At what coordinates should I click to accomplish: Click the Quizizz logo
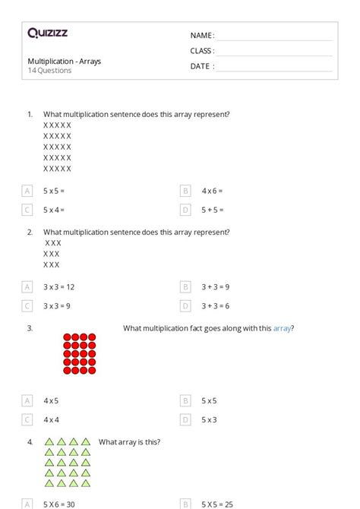pyautogui.click(x=47, y=33)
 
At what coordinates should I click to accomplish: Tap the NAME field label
pyautogui.click(x=201, y=36)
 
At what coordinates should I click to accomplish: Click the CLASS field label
pyautogui.click(x=201, y=51)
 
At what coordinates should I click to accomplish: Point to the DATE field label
pyautogui.click(x=201, y=66)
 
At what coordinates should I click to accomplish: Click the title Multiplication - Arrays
pyautogui.click(x=64, y=61)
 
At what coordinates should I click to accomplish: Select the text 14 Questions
pyautogui.click(x=49, y=71)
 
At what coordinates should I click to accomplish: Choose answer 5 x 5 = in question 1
pyautogui.click(x=53, y=191)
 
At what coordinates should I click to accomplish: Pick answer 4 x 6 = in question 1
pyautogui.click(x=212, y=191)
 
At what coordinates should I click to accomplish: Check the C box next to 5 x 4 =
pyautogui.click(x=27, y=210)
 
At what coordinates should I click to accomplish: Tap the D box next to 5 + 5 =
pyautogui.click(x=185, y=210)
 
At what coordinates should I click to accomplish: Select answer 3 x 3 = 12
pyautogui.click(x=58, y=287)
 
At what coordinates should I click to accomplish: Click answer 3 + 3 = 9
pyautogui.click(x=216, y=287)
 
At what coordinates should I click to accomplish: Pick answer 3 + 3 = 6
pyautogui.click(x=216, y=306)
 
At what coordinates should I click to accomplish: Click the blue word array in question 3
pyautogui.click(x=282, y=328)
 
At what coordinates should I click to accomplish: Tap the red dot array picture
pyautogui.click(x=80, y=353)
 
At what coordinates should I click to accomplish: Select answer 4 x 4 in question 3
pyautogui.click(x=51, y=419)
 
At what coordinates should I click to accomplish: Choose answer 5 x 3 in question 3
pyautogui.click(x=209, y=419)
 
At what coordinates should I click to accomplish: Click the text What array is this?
pyautogui.click(x=129, y=442)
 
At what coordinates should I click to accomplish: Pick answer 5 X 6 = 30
pyautogui.click(x=58, y=504)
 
